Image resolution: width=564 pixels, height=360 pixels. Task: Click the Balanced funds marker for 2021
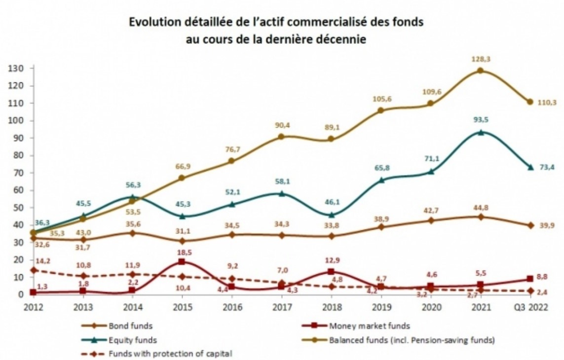click(480, 71)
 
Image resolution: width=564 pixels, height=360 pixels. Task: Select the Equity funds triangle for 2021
click(480, 132)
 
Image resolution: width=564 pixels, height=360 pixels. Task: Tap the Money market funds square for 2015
click(182, 262)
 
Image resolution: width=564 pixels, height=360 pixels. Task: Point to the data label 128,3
click(481, 59)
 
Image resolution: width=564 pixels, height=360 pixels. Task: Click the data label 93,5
click(481, 120)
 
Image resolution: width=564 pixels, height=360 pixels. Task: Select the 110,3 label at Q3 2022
click(545, 102)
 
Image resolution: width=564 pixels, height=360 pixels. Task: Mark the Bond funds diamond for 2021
click(480, 216)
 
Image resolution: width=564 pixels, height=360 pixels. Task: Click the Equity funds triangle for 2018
click(331, 215)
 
